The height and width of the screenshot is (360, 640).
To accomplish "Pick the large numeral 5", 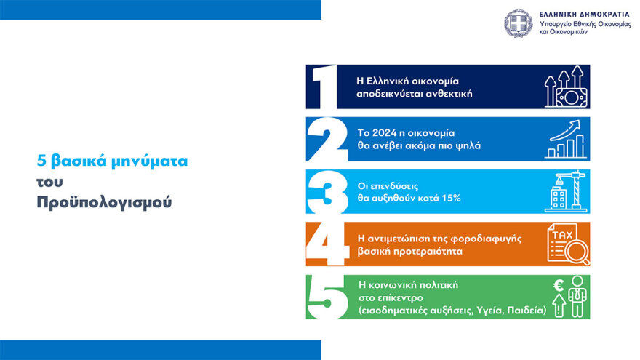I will [x=323, y=297].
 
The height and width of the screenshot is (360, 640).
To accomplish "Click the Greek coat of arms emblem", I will [x=519, y=23].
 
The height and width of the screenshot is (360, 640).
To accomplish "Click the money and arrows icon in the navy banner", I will [x=565, y=87].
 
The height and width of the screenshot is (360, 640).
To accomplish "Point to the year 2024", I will [x=383, y=133].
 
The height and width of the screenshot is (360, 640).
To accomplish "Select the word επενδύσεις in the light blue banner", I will [x=396, y=185].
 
